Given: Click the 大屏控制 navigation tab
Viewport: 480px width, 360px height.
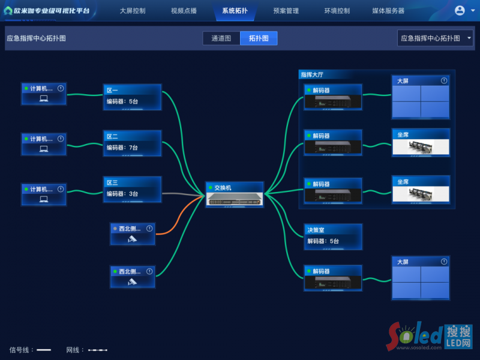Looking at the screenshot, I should pos(132,11).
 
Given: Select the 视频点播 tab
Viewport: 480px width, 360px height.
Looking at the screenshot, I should pos(184,11).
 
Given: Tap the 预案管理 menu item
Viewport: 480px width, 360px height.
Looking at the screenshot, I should pos(286,11).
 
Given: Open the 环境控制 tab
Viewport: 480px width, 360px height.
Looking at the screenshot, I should pos(337,11).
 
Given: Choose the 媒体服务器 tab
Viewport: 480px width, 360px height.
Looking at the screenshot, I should pos(388,11).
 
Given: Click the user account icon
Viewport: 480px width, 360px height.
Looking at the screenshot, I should pos(460,10).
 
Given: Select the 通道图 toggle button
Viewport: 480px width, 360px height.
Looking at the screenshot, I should pos(221,38).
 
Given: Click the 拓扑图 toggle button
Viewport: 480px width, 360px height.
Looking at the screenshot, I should pos(259,38).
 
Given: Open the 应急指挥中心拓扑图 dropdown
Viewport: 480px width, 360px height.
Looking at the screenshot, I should pos(435,38).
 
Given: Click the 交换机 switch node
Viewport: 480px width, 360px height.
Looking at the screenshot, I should pos(234,194).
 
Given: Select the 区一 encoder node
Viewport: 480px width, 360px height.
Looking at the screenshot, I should pos(132,97).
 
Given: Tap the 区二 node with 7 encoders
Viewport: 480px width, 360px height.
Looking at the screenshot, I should pos(132,143).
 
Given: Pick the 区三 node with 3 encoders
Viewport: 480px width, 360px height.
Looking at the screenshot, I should pos(132,189).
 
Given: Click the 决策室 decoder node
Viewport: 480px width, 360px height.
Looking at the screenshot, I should pos(333,236).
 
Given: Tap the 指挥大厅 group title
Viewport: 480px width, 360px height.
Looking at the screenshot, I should pos(312,75).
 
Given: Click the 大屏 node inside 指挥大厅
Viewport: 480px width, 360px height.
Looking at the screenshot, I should pos(420,97).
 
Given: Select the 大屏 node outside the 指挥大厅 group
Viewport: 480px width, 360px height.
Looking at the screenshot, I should pos(420,278).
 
